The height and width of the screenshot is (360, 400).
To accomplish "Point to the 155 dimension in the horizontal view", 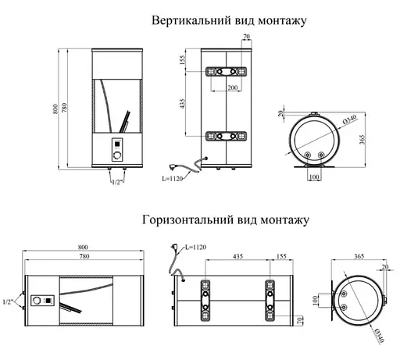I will point(283,256).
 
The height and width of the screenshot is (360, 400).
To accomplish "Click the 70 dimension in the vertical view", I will point(246,37).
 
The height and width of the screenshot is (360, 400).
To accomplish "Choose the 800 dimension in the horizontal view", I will point(82,242).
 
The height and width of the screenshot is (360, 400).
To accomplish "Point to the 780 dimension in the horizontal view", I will point(82,256).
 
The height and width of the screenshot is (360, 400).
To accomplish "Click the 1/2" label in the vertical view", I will point(120,181).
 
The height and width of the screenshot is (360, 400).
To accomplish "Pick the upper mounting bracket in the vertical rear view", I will point(227,72).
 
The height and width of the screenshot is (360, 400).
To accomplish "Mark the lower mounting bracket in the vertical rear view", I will point(227,137).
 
